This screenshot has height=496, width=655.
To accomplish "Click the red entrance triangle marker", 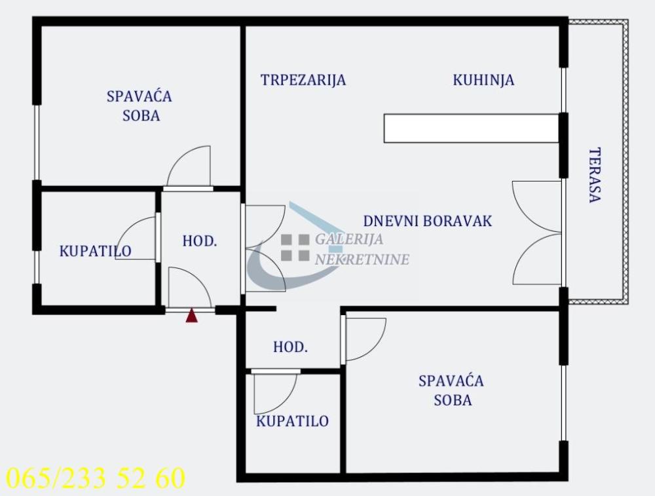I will point(191,316).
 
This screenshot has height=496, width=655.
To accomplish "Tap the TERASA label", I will point(595,175).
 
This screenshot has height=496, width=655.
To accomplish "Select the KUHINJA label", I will point(483,80).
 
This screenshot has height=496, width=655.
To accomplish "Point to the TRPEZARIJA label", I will point(303,80).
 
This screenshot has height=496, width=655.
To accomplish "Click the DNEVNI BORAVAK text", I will point(427,221).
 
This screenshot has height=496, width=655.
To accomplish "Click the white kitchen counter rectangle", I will point(471,128).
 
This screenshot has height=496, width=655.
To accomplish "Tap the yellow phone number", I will point(96,478).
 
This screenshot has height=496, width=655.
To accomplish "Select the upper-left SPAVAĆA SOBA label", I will point(140,105).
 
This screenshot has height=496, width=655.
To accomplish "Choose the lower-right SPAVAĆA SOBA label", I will point(451,390).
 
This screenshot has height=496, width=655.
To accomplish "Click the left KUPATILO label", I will point(95,250).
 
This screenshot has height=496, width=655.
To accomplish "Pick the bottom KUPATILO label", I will point(292,421).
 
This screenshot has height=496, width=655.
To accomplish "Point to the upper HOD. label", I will point(200,240).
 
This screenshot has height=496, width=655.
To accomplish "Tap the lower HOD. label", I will point(290,347).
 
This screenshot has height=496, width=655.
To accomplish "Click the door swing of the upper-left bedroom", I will point(190,167).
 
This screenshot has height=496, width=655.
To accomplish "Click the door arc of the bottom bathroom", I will point(275,393).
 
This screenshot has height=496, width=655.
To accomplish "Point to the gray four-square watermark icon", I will point(295,248).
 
